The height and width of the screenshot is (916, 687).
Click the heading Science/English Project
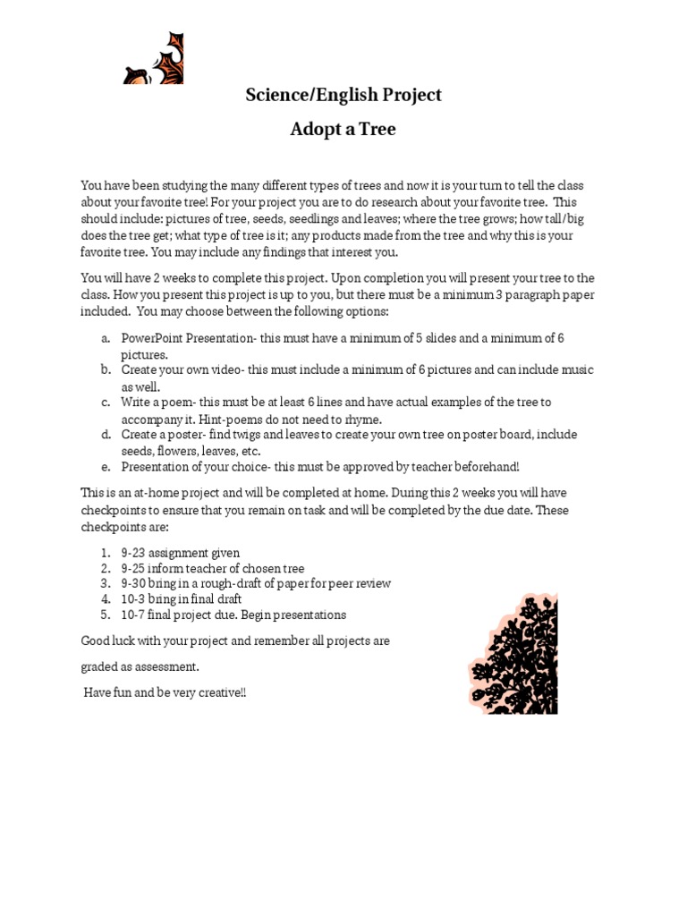[343, 95]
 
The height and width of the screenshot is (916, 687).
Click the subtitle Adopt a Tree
[343, 130]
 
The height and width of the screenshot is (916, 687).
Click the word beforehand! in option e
[487, 467]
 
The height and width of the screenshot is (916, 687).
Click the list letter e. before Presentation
[106, 467]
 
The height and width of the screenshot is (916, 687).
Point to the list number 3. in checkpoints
[105, 583]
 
